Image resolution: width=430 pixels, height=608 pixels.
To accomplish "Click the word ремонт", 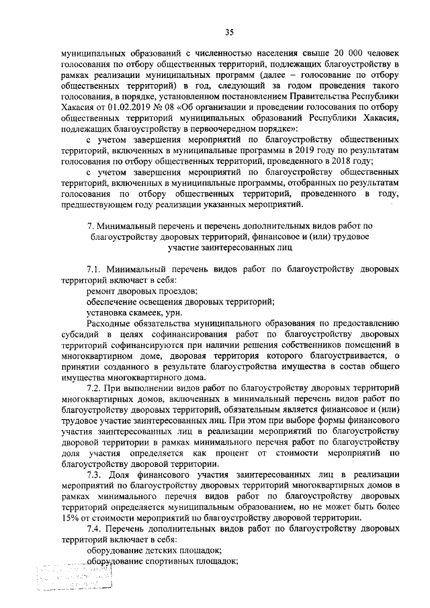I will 102,290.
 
